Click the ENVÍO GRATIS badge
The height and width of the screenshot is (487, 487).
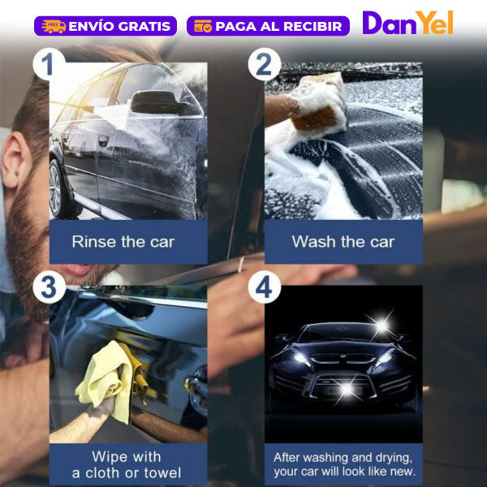[106, 26]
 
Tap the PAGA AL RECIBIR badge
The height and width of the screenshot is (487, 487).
[268, 26]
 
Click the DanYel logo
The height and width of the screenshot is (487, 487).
[407, 23]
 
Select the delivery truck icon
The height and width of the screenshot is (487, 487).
[54, 26]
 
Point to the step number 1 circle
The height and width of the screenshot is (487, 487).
[49, 64]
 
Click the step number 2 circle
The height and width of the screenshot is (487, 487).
[265, 64]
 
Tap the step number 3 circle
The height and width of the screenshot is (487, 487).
[49, 287]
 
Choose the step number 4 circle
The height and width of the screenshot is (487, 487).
[265, 287]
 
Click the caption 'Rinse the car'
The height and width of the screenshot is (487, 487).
[123, 242]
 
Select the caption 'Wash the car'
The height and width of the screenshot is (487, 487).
[343, 242]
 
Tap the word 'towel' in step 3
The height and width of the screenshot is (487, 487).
[162, 473]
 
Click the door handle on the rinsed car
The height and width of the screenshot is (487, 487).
[103, 140]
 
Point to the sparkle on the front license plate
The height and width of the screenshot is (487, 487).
[347, 388]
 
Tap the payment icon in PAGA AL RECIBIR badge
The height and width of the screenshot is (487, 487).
[203, 26]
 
